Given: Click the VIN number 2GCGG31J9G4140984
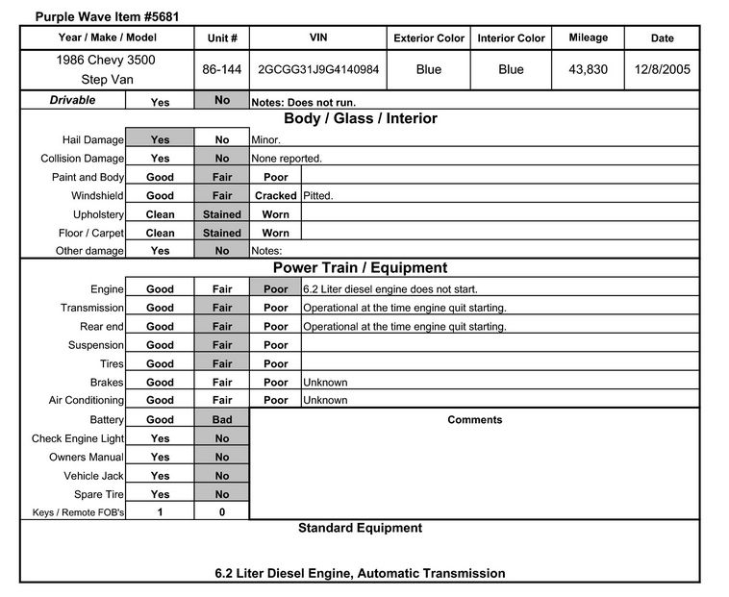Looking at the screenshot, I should click(317, 70).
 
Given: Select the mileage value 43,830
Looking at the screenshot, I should click(588, 70).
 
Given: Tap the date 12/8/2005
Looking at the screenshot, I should click(663, 70).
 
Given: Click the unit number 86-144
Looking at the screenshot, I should click(222, 70).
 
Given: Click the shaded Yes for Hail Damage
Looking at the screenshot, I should click(160, 139).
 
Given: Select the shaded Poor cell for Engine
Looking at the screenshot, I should click(275, 289).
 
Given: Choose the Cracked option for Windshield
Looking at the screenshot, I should click(275, 196).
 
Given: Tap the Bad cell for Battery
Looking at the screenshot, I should click(222, 420).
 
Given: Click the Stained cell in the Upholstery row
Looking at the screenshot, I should click(222, 214).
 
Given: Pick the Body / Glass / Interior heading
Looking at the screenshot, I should click(360, 119).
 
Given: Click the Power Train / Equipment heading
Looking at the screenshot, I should click(360, 268).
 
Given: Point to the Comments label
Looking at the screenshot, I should click(474, 420).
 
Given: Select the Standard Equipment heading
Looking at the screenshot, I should click(360, 528).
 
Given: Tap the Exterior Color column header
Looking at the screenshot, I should click(429, 38).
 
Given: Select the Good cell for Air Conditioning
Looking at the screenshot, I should click(160, 401).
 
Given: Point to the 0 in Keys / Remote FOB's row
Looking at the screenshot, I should click(222, 512).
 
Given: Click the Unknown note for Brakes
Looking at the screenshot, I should click(325, 383).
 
